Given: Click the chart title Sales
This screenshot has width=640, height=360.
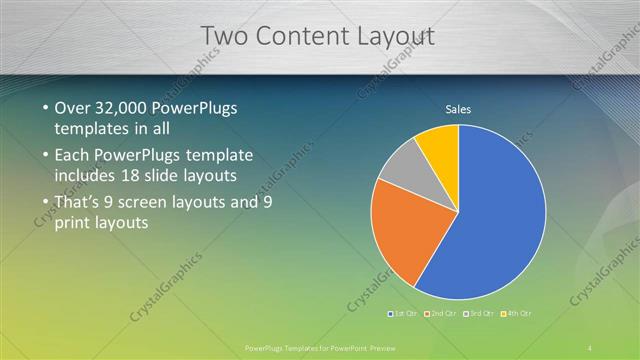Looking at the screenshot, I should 458,110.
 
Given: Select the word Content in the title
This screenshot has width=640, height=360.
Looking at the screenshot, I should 299,36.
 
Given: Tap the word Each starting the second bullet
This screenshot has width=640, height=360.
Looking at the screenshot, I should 73,155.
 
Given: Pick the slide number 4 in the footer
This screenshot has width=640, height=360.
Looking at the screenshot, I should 589,346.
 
